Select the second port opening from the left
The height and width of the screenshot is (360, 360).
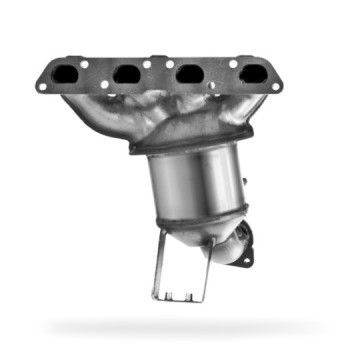[126, 73]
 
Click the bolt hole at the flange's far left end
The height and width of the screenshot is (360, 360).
[42, 86]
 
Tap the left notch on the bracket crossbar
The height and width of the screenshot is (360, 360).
[169, 295]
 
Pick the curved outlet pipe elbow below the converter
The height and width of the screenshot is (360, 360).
[228, 245]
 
